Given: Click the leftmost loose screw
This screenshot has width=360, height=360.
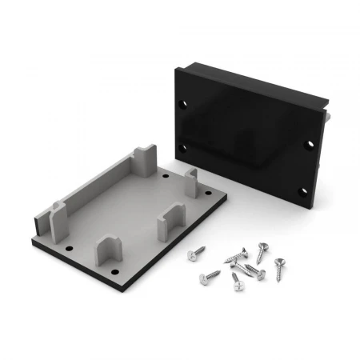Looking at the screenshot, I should click(194, 254).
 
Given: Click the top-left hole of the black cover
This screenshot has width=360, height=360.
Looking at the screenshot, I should click(186, 105).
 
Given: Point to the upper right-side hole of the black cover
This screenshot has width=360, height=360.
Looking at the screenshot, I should click(311, 145).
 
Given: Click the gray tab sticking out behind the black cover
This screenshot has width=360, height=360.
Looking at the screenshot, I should click(329, 117).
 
